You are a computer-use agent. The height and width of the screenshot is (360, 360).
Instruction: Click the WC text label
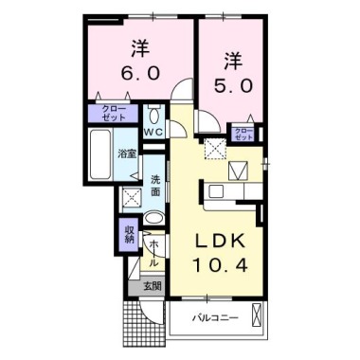pyautogui.click(x=154, y=132)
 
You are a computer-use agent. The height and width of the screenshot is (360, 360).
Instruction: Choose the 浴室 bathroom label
pyautogui.click(x=125, y=152)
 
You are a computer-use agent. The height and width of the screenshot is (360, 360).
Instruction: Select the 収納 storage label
pyautogui.click(x=130, y=233)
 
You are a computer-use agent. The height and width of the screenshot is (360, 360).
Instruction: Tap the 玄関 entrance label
pyautogui.click(x=153, y=285)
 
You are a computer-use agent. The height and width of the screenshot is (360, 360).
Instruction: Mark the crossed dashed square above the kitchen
pyautogui.click(x=217, y=147)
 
